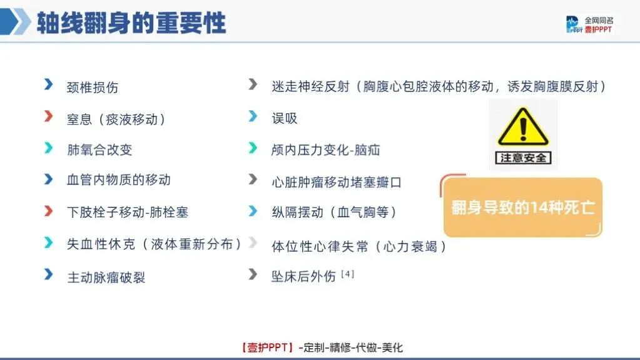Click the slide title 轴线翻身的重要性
pos(131,23)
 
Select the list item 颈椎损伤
pos(93,88)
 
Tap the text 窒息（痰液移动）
pos(116,120)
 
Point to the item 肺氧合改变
pos(99,150)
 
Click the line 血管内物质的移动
pos(119,180)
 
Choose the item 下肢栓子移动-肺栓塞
pos(128,212)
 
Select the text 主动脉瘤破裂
pos(106,277)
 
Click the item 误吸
pos(285,118)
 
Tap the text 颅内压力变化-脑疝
pos(326,150)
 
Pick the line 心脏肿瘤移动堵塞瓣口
pos(337,182)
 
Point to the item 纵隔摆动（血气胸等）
pos(334,212)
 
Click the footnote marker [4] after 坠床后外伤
pos(347,274)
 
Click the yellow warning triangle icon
pos(523,126)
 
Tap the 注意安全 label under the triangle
pos(523,158)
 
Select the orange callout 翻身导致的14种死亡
pos(523,207)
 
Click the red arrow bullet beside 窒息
pos(49,116)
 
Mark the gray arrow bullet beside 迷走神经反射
pos(253,85)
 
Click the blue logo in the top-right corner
pos(574,24)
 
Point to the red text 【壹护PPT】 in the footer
pos(268,347)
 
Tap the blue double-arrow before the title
pos(16,21)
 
